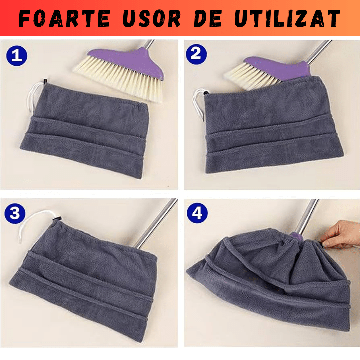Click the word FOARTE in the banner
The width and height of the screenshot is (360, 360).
63,19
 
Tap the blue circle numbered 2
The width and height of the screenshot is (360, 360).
196,54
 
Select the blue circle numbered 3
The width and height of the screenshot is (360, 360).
15,214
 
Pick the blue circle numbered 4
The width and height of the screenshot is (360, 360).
197,213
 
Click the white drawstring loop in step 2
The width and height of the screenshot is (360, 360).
198,103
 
